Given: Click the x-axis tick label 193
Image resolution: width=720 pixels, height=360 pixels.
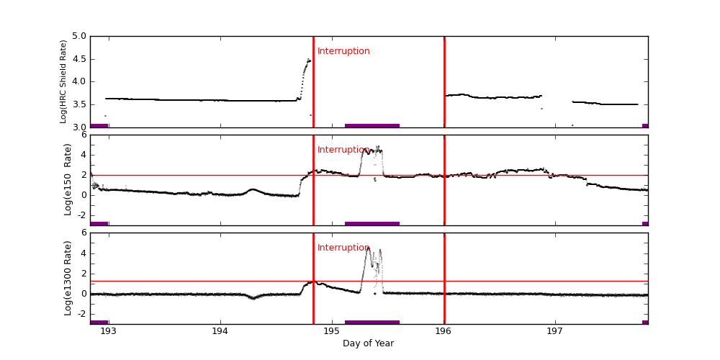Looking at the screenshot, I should (108, 331).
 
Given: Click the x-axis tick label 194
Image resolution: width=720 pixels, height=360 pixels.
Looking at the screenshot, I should (220, 331).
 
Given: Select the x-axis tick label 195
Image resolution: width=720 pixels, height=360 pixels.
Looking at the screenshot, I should (332, 331).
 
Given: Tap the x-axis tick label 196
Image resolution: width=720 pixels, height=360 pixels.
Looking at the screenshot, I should (444, 331).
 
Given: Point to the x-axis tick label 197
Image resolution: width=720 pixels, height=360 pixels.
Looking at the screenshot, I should (555, 331).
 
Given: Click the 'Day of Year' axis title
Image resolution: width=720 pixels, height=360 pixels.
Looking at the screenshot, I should (368, 343).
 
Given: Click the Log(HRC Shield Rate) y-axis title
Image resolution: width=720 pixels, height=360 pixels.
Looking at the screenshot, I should (63, 81).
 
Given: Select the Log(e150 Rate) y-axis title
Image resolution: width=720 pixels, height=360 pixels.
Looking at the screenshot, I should (68, 179).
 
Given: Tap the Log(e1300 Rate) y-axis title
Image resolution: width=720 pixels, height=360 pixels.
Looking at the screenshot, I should (68, 278).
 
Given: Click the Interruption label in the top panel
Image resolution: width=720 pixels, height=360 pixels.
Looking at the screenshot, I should (343, 51).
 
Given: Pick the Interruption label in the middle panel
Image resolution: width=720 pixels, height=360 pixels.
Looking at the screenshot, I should (343, 150).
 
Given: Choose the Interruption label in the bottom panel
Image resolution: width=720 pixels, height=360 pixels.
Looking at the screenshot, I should (343, 248).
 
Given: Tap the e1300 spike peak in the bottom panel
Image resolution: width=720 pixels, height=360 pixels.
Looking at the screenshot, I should (368, 248).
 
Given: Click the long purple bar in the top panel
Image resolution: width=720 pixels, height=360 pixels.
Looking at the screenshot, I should (372, 125).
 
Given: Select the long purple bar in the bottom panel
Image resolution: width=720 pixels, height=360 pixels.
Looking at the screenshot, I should (372, 322).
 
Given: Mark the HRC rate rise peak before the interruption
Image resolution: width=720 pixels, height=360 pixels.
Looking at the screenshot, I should (309, 60).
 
